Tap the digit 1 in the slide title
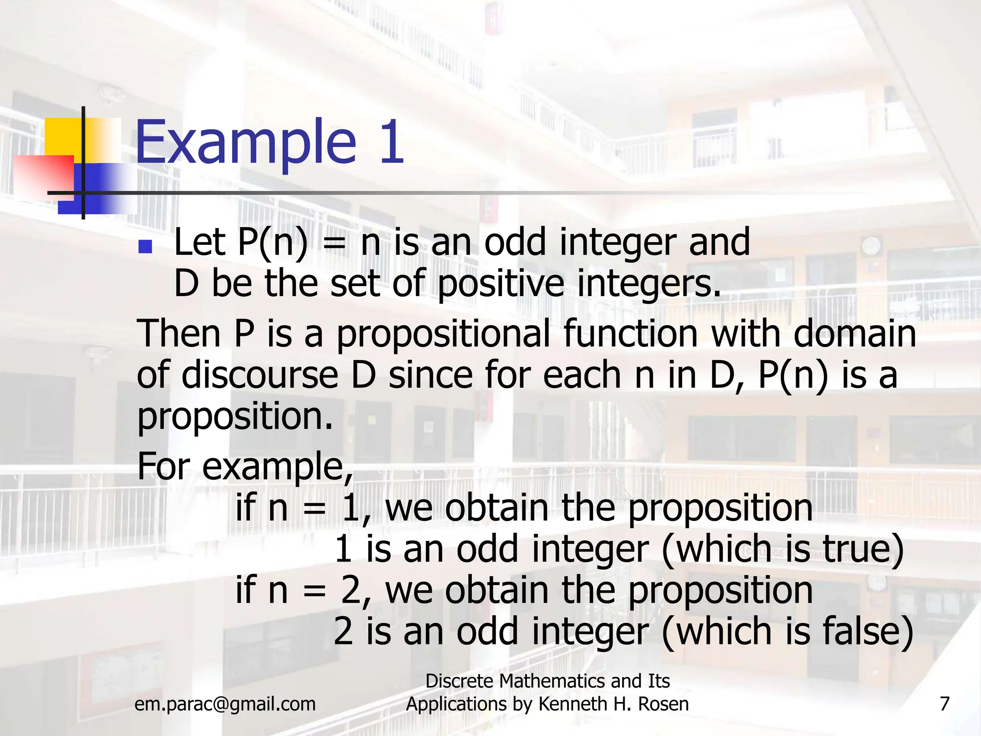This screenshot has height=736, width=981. click(390, 142)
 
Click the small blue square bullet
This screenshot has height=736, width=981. click(145, 247)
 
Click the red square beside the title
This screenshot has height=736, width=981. click(44, 175)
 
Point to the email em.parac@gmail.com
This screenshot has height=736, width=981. click(225, 704)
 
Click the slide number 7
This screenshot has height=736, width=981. click(944, 704)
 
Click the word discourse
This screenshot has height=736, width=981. click(260, 375)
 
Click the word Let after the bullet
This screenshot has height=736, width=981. click(199, 242)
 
